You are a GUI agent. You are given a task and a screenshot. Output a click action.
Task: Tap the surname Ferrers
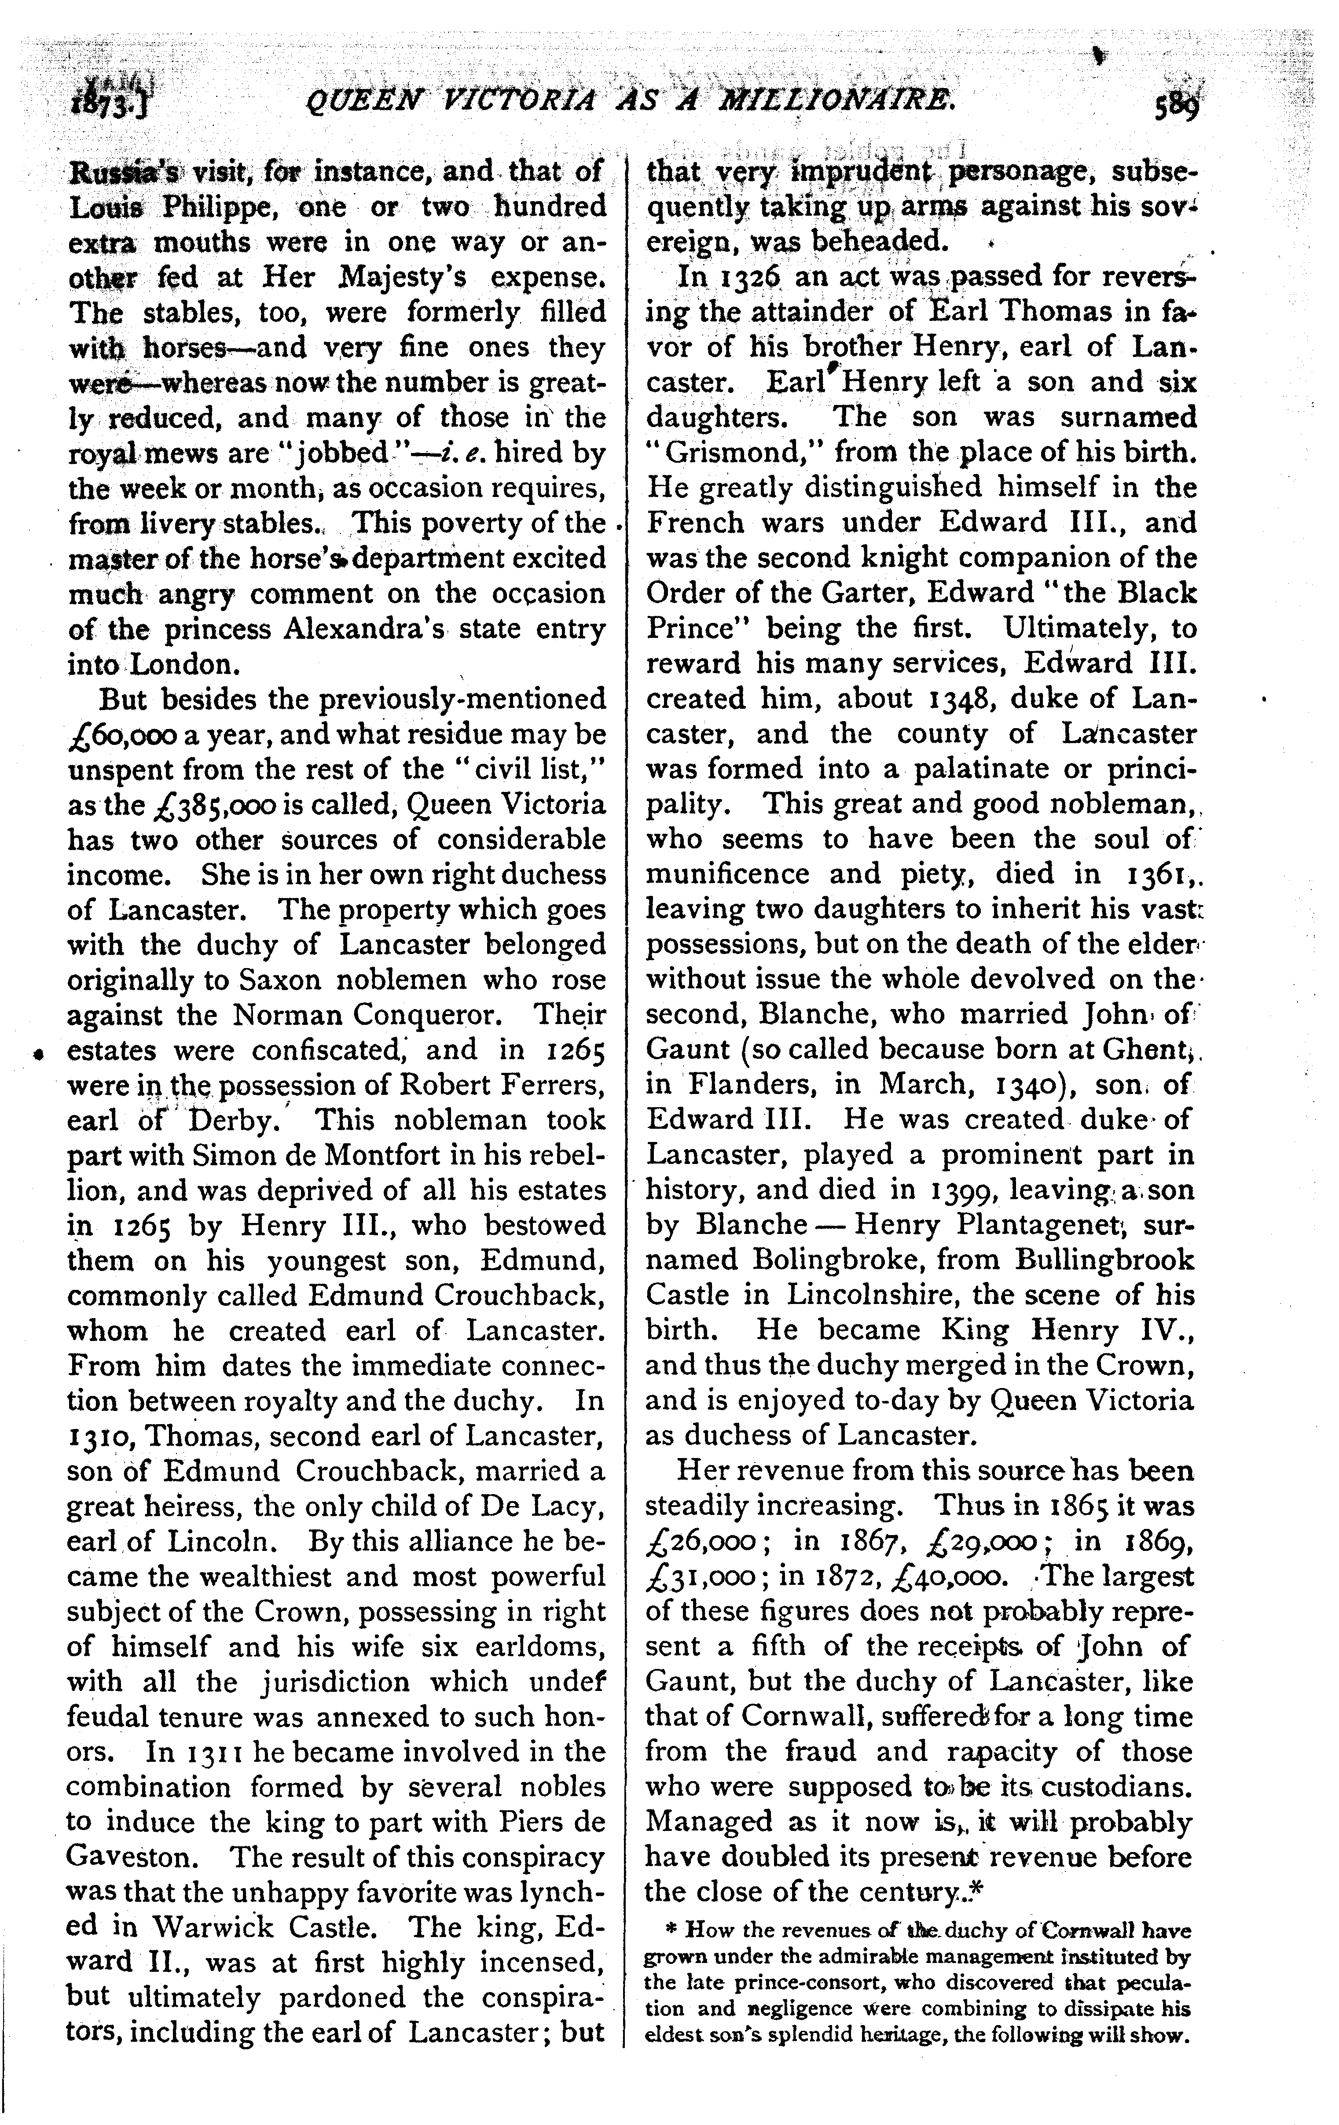543,1086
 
